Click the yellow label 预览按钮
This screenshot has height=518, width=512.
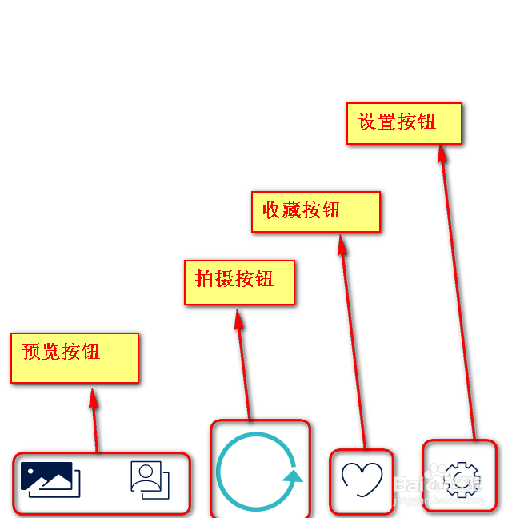74,357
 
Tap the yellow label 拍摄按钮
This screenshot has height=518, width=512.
239,282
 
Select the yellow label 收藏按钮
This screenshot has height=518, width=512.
315,212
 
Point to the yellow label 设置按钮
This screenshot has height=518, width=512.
404,124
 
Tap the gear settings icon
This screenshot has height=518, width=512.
461,480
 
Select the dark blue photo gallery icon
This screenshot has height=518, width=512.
50,479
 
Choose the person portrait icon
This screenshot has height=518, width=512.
150,480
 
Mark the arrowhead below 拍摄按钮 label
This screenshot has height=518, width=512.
238,319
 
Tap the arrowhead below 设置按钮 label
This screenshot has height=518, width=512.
442,153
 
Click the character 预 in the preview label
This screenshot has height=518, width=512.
32,352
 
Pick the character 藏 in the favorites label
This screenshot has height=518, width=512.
292,209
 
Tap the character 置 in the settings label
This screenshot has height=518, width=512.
387,122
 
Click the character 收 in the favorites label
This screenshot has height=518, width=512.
272,209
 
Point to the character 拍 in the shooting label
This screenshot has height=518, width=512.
205,278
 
